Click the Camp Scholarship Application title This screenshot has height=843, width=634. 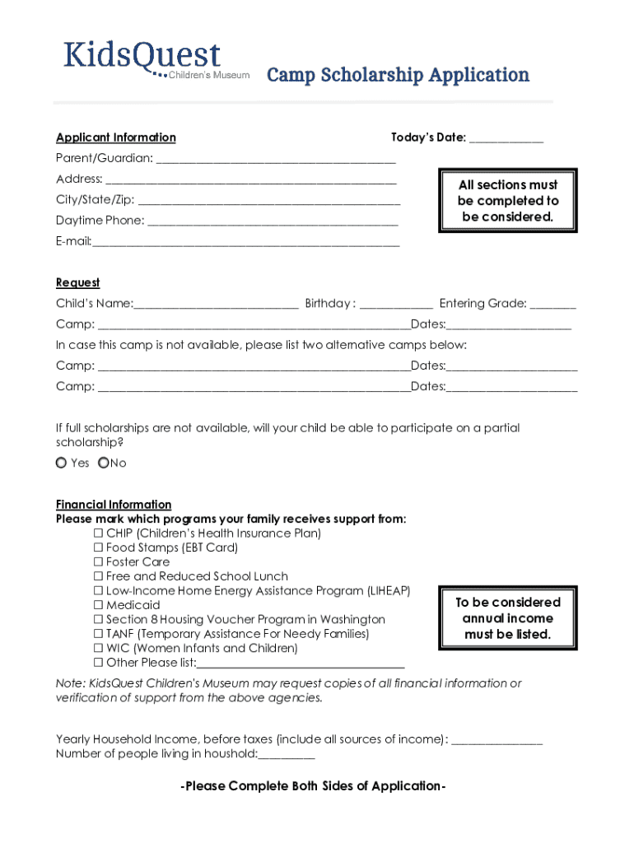point(397,76)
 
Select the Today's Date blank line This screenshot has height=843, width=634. point(506,138)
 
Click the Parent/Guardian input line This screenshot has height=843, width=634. point(275,158)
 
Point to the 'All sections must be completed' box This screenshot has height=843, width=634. point(508,201)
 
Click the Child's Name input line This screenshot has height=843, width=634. point(216,304)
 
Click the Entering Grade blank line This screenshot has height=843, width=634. point(552,304)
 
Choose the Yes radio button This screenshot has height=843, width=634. point(62,463)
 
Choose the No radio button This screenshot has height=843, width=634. point(103,463)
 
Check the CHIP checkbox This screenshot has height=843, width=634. point(99,533)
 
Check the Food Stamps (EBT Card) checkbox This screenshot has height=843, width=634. point(99,547)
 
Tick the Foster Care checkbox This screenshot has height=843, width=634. point(99,562)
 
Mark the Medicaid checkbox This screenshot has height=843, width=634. point(99,605)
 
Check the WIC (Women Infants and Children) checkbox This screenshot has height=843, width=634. point(99,649)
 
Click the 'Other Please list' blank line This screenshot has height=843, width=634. point(301,664)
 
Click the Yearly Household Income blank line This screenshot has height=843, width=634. point(496,739)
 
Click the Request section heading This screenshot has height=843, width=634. point(77,282)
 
